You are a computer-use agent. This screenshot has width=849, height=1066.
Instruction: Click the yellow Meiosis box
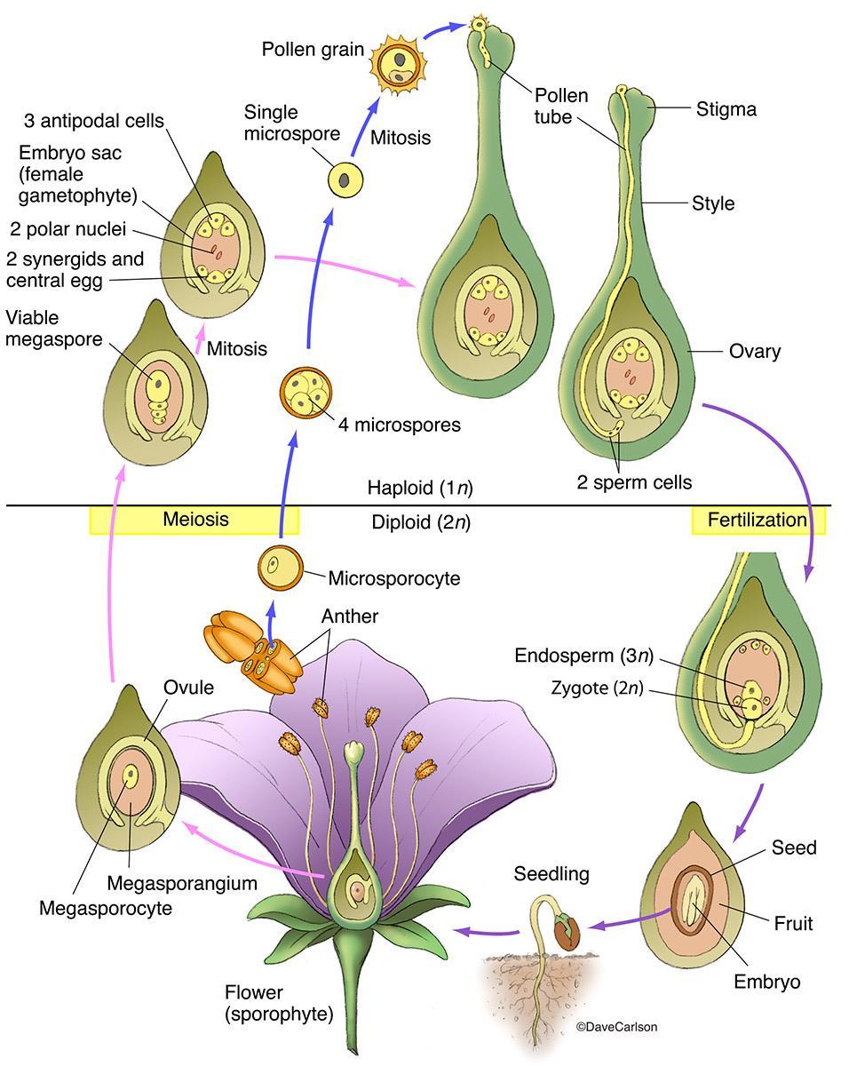pyautogui.click(x=194, y=520)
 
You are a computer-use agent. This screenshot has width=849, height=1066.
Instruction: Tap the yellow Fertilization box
pyautogui.click(x=758, y=520)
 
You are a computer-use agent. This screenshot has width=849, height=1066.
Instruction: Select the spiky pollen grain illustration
pyautogui.click(x=397, y=60)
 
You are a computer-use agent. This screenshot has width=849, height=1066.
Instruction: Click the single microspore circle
pyautogui.click(x=346, y=179)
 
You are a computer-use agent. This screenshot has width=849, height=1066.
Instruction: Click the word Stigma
pyautogui.click(x=726, y=110)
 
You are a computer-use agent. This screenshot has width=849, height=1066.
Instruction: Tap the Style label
pyautogui.click(x=713, y=203)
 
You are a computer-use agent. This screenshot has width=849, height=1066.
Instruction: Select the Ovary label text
pyautogui.click(x=754, y=352)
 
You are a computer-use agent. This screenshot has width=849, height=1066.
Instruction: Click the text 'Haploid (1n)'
pyautogui.click(x=418, y=488)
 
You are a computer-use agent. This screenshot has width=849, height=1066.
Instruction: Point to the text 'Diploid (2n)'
pyautogui.click(x=420, y=522)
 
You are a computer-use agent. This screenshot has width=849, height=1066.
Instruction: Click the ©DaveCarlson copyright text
pyautogui.click(x=617, y=1028)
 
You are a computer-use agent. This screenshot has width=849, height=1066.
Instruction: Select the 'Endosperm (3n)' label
pyautogui.click(x=584, y=656)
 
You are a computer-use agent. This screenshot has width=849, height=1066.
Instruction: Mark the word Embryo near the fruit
pyautogui.click(x=766, y=982)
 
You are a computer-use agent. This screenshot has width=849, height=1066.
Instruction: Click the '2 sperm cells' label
pyautogui.click(x=634, y=482)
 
